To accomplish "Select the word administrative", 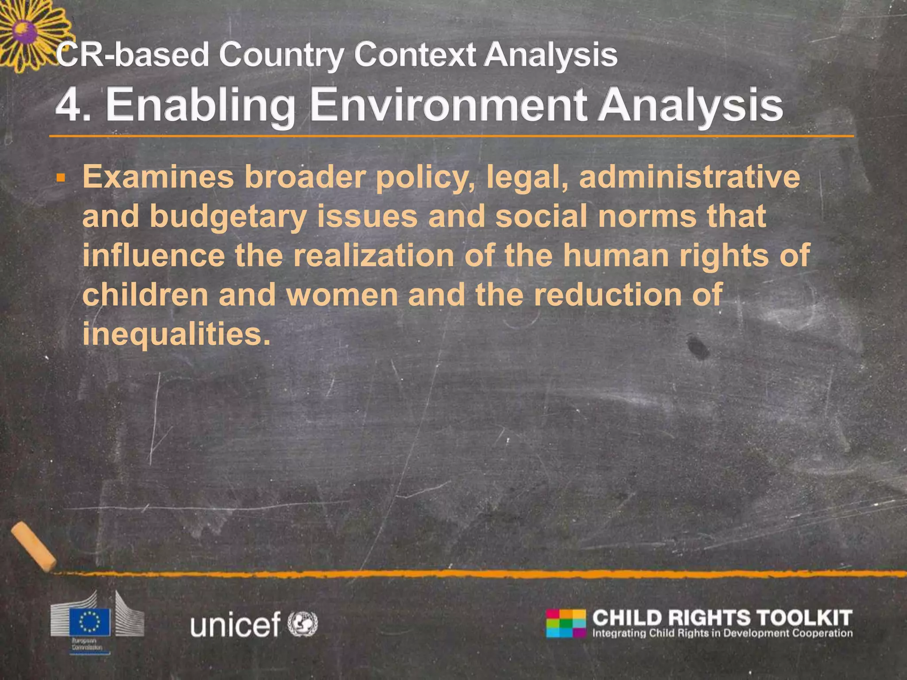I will click(690, 178).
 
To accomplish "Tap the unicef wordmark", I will click(236, 624).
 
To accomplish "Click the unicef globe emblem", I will click(303, 623).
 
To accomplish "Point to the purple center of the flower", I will click(23, 32).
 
